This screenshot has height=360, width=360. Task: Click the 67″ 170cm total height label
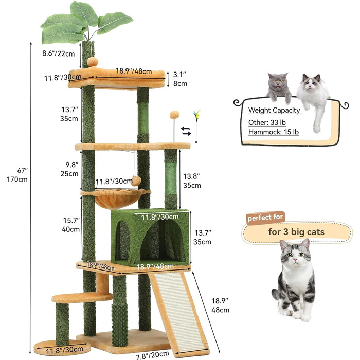coord(17,175)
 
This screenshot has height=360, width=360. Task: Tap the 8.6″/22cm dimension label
coord(59,53)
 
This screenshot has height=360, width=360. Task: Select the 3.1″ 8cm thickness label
coord(180,79)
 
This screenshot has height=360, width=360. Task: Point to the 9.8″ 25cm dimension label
coord(69,169)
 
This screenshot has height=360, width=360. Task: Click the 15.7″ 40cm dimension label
coord(71,225)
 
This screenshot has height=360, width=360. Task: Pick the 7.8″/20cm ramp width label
coord(152,355)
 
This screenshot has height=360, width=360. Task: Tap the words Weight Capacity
coord(274,110)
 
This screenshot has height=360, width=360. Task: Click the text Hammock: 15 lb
coord(274,132)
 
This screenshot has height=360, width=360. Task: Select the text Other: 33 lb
coord(267,122)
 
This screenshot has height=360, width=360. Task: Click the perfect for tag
coord(265,217)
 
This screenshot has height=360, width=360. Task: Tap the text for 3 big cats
coord(296,232)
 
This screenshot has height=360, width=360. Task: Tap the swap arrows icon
coord(186,131)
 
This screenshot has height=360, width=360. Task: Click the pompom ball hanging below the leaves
coord(93,62)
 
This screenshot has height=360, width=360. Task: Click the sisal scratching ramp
coord(179,313)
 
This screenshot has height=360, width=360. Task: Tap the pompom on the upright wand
coord(174,115)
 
